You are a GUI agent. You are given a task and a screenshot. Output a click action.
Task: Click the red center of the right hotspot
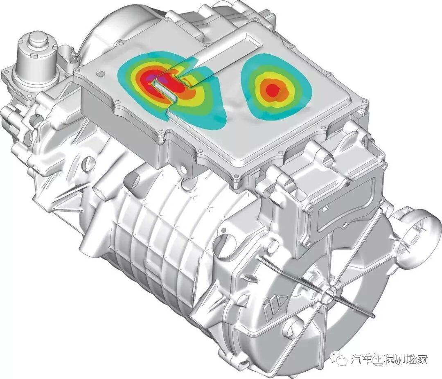point(272,90)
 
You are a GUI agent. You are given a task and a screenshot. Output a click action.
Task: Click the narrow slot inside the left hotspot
point(165,89)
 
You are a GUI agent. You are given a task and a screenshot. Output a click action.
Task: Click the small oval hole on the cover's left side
point(99,74)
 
